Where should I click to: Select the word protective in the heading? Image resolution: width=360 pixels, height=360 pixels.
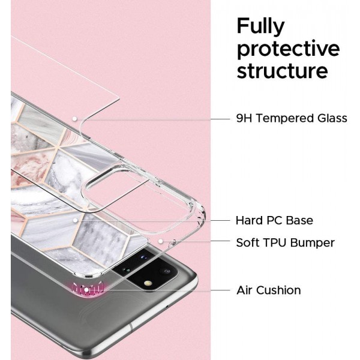(288, 49)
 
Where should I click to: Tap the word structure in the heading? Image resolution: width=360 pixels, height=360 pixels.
(282, 71)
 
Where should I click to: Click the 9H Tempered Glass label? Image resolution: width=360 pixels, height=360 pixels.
(292, 118)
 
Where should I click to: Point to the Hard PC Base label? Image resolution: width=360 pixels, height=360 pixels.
(274, 220)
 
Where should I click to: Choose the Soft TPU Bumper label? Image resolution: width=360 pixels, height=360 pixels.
(285, 243)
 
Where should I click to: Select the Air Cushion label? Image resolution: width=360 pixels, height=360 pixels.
(268, 290)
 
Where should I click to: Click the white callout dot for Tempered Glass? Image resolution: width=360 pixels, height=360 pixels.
(74, 118)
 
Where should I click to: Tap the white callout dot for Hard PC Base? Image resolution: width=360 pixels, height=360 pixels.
(74, 220)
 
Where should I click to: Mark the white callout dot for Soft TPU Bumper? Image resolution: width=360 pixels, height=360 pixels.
(161, 242)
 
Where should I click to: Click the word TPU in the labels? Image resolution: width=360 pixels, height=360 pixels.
(275, 243)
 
